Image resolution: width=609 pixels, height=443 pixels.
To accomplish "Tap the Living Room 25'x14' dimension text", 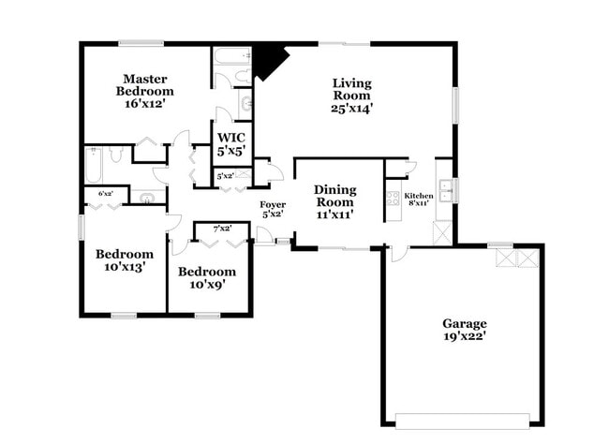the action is (352, 108).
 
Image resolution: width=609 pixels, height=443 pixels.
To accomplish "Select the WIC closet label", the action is (231, 137).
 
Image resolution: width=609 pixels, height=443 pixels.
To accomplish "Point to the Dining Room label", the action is (334, 196).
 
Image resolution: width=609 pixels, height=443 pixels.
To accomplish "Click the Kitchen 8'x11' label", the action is (418, 199).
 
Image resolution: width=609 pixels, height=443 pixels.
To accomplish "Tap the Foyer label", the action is (273, 204).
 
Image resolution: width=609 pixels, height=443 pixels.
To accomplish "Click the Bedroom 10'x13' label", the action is (125, 260).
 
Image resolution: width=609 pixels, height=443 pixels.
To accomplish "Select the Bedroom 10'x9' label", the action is (207, 277).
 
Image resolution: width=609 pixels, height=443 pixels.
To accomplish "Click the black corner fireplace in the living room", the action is (268, 61).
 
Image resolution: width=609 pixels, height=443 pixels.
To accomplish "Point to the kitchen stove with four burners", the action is (394, 199).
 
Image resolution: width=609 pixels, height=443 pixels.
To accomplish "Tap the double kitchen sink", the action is (445, 191).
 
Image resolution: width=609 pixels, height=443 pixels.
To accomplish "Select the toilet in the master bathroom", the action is (244, 76).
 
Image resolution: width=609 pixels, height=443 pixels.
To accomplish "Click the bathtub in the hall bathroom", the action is (94, 166).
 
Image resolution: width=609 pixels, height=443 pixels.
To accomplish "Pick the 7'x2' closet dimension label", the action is (223, 229).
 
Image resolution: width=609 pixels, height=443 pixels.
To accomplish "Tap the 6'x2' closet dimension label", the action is (106, 193).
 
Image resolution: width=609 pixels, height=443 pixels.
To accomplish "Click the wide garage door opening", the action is (462, 421).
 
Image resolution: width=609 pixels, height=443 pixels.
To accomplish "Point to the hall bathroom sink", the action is (148, 198).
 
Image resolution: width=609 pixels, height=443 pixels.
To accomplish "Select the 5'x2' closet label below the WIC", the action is (225, 176).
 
